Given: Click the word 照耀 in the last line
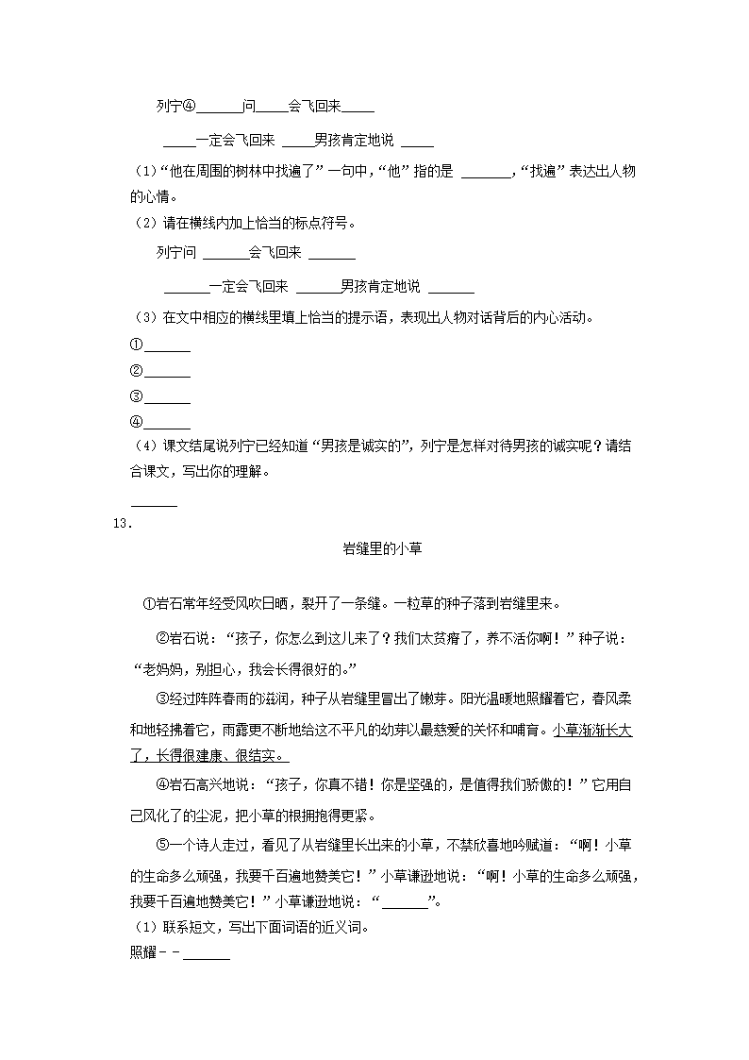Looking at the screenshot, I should coord(142,951).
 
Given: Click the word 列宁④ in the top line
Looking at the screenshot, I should coord(175,107).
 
